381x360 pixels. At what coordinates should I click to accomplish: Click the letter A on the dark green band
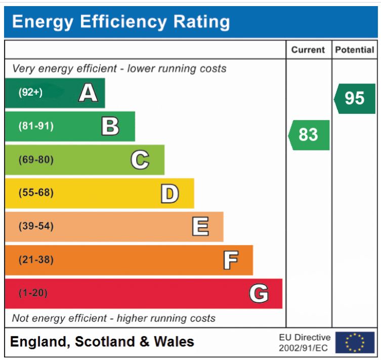[x=88, y=93]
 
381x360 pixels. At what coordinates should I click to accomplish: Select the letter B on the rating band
[x=110, y=126]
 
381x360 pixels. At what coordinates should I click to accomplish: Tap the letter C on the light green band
[x=140, y=159]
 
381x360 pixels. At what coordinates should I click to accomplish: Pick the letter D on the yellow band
[x=170, y=193]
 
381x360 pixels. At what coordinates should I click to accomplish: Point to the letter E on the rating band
[x=199, y=226]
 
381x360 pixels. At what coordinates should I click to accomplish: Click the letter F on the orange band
[x=230, y=260]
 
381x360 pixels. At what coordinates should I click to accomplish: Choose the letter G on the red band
[x=259, y=293]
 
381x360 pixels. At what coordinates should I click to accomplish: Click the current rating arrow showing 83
[x=309, y=135]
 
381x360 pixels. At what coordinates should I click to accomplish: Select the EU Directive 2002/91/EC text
[x=305, y=342]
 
